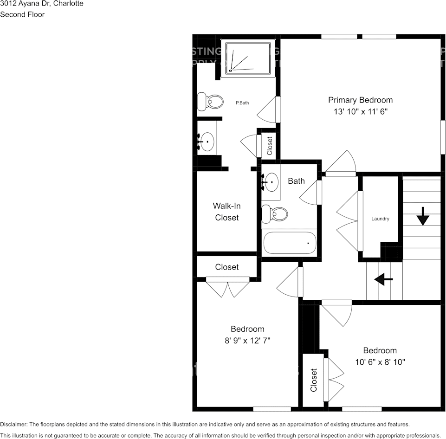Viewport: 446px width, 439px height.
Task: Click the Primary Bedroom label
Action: click(x=360, y=100)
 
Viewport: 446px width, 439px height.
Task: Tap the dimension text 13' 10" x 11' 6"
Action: click(x=360, y=112)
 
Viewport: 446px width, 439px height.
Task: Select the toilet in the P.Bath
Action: click(x=210, y=101)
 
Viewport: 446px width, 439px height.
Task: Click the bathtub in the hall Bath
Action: click(x=290, y=243)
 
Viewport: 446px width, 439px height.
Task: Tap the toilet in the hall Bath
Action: click(x=275, y=214)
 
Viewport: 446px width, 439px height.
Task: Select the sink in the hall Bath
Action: click(x=271, y=182)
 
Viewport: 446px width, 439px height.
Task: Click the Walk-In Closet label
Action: click(x=226, y=212)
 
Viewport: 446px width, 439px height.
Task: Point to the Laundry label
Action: click(x=380, y=219)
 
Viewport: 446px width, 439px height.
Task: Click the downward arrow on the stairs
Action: click(x=422, y=216)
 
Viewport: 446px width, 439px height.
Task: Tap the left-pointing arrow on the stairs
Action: click(x=383, y=279)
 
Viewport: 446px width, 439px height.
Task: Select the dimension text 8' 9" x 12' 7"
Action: click(x=247, y=341)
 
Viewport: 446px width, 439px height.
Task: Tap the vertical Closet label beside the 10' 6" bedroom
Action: click(x=314, y=380)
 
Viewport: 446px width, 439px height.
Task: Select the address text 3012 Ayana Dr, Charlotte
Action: click(x=42, y=4)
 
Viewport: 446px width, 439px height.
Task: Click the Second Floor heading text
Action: click(x=22, y=14)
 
